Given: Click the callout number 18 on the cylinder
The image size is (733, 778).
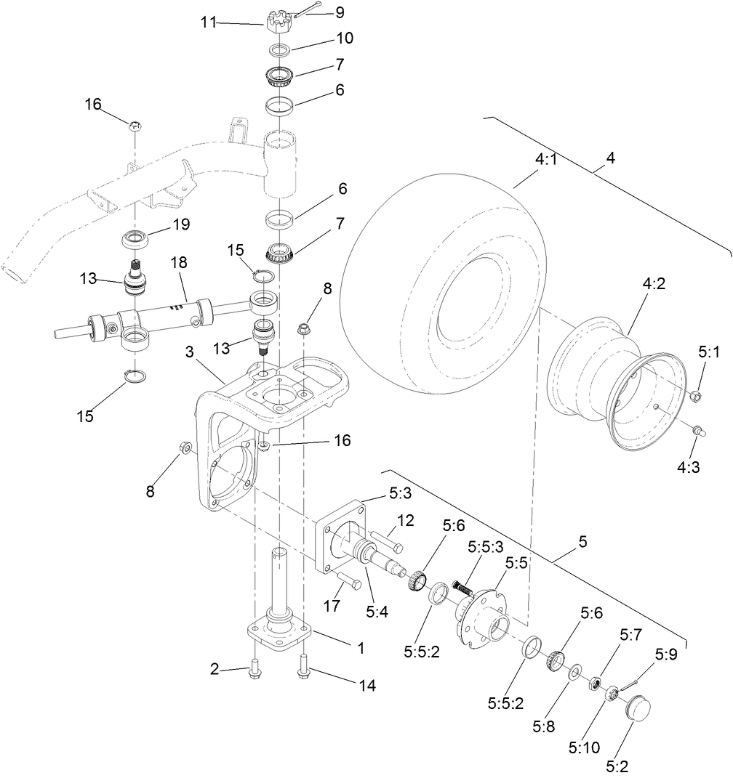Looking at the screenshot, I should point(179,262).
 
